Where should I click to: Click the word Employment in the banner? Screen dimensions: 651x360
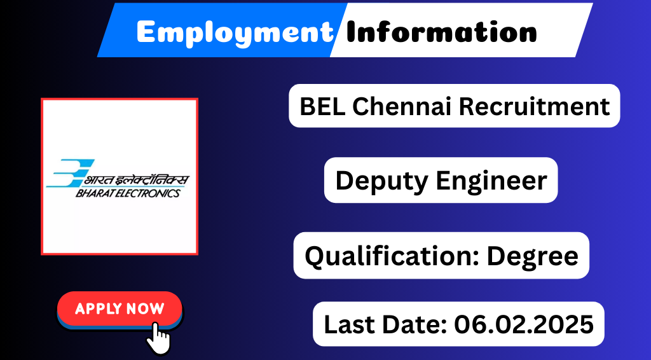coord(235,32)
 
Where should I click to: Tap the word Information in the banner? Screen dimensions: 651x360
coord(442,32)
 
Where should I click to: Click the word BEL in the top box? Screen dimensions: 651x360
coord(322,106)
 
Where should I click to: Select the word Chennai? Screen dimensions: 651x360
coord(402,106)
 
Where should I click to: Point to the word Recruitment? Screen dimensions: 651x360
coord(535,106)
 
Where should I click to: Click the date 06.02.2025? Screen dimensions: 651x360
coord(524,324)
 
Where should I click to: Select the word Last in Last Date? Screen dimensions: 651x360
coord(348,324)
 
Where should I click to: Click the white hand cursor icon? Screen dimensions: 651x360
coord(158,338)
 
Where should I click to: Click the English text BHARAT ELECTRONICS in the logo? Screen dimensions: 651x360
coord(128,193)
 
